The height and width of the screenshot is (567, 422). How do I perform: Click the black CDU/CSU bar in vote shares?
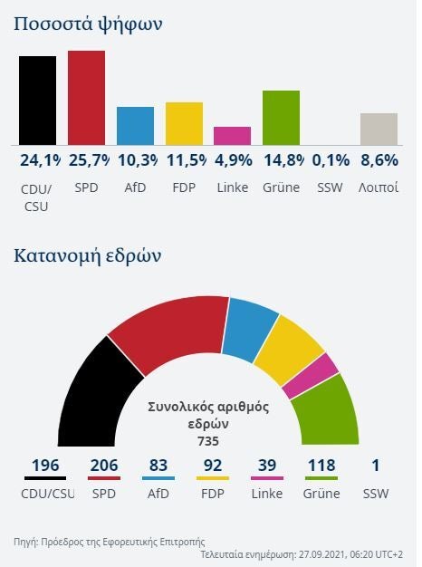(x=38, y=100)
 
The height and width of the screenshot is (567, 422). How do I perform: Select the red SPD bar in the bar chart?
(x=87, y=97)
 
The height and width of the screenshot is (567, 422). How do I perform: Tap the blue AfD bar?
(x=135, y=126)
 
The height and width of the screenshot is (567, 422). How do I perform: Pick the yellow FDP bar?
(x=184, y=123)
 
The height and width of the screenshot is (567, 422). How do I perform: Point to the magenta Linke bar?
(x=232, y=136)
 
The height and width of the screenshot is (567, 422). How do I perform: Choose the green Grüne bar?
(x=281, y=117)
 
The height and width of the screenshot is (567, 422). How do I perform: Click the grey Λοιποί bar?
(x=379, y=129)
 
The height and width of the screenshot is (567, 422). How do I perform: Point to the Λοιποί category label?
(x=379, y=188)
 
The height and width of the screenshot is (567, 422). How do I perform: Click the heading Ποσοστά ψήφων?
(x=88, y=24)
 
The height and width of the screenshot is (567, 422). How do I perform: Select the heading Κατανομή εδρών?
(x=88, y=255)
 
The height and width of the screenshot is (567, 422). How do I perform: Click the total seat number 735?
(x=208, y=441)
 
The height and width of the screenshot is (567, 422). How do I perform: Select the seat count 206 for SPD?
(x=104, y=466)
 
